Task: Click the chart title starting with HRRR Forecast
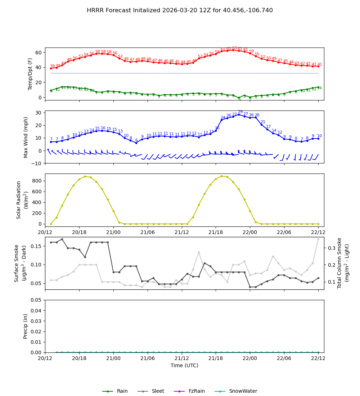[180, 10]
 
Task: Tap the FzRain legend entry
[196, 391]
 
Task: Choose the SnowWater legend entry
[243, 391]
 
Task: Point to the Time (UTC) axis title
[184, 365]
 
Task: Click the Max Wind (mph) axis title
[26, 137]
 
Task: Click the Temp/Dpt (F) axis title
[31, 74]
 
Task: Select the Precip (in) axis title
[26, 326]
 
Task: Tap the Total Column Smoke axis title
[339, 263]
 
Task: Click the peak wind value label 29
[240, 112]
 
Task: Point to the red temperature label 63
[234, 48]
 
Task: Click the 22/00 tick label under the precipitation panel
[250, 359]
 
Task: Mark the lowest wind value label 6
[136, 140]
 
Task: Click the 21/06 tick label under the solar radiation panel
[148, 232]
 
